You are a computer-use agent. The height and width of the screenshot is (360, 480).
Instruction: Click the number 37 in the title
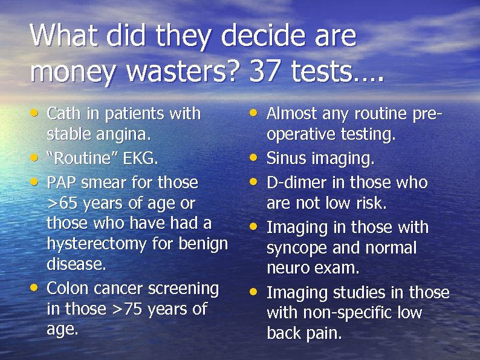264,71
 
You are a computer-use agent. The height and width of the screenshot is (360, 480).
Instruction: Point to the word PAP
62,182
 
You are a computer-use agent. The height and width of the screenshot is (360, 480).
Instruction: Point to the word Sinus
285,159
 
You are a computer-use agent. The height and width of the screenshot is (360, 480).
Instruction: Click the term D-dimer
294,182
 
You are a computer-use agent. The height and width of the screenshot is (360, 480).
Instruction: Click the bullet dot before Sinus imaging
256,158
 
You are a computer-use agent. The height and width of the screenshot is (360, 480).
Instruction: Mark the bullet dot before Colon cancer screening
36,287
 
